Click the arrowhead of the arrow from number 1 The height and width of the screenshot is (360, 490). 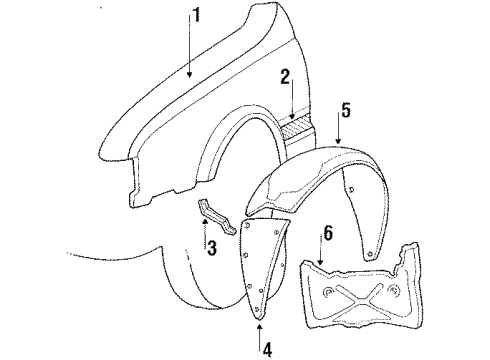(187, 76)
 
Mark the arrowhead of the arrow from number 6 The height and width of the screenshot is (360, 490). (320, 265)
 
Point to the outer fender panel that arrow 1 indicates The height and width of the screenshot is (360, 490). (200, 110)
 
